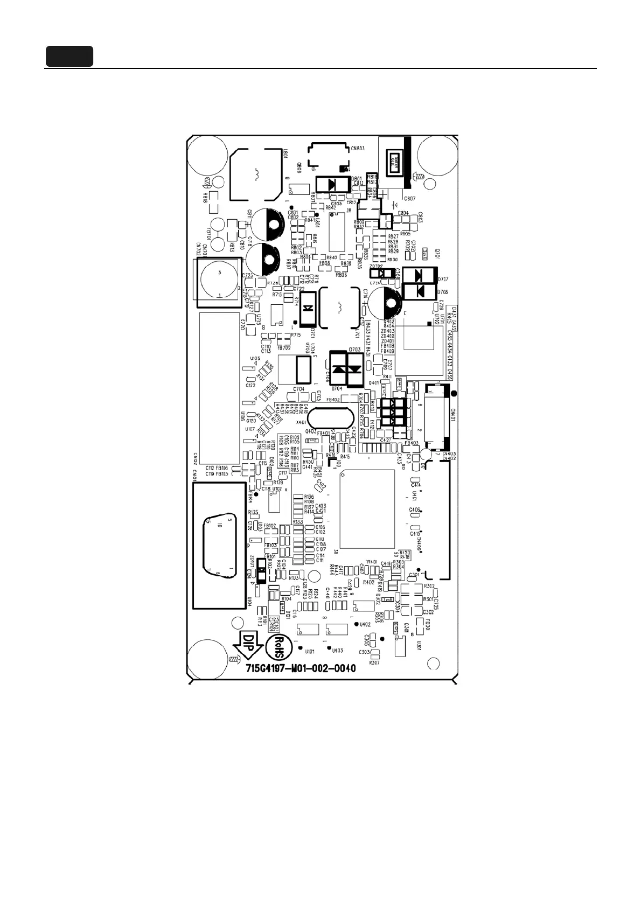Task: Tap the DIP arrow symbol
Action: (x=249, y=646)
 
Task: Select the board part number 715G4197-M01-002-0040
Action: (x=301, y=668)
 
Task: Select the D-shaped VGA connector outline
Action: (x=218, y=544)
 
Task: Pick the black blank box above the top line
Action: (x=69, y=57)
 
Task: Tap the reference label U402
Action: (x=365, y=624)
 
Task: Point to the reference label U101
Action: (x=310, y=651)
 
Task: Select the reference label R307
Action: (x=374, y=662)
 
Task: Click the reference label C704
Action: (x=298, y=389)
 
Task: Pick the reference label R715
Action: (x=295, y=335)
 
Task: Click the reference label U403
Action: (x=338, y=650)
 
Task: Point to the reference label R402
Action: (x=368, y=582)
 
